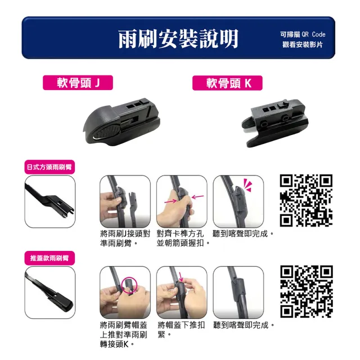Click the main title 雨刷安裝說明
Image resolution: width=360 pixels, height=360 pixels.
178,39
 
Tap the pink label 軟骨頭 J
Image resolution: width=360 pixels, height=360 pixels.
78,83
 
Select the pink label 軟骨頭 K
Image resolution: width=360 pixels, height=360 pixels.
227,83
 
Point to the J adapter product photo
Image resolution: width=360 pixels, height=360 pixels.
121,121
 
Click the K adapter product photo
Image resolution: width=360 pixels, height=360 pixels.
274,123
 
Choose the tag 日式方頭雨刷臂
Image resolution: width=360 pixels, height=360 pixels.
49,167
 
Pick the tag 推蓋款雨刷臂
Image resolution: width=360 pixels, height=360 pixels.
49,258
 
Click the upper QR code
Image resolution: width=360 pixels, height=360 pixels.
306,200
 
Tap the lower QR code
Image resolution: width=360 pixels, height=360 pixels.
306,291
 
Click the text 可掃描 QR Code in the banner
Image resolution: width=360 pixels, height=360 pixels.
303,34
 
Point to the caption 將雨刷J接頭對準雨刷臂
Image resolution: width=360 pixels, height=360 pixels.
125,238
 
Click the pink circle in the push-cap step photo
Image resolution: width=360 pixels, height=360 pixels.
129,285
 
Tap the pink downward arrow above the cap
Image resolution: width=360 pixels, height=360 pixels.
181,277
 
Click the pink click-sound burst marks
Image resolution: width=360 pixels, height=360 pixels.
248,185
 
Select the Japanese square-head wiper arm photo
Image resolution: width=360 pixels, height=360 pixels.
50,201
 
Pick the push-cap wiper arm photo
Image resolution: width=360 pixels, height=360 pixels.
50,292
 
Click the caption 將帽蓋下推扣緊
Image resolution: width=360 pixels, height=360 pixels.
181,330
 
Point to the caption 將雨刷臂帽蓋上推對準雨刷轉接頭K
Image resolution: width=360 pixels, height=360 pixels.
124,334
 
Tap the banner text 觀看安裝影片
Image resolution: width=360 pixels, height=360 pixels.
303,44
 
